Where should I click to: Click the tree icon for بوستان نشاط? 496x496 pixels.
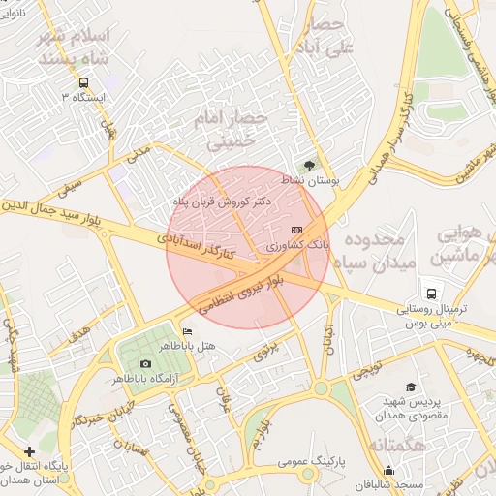[x=310, y=166]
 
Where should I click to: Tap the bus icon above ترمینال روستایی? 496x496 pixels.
[x=429, y=293]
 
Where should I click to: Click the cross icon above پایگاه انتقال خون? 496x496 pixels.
[x=30, y=450]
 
